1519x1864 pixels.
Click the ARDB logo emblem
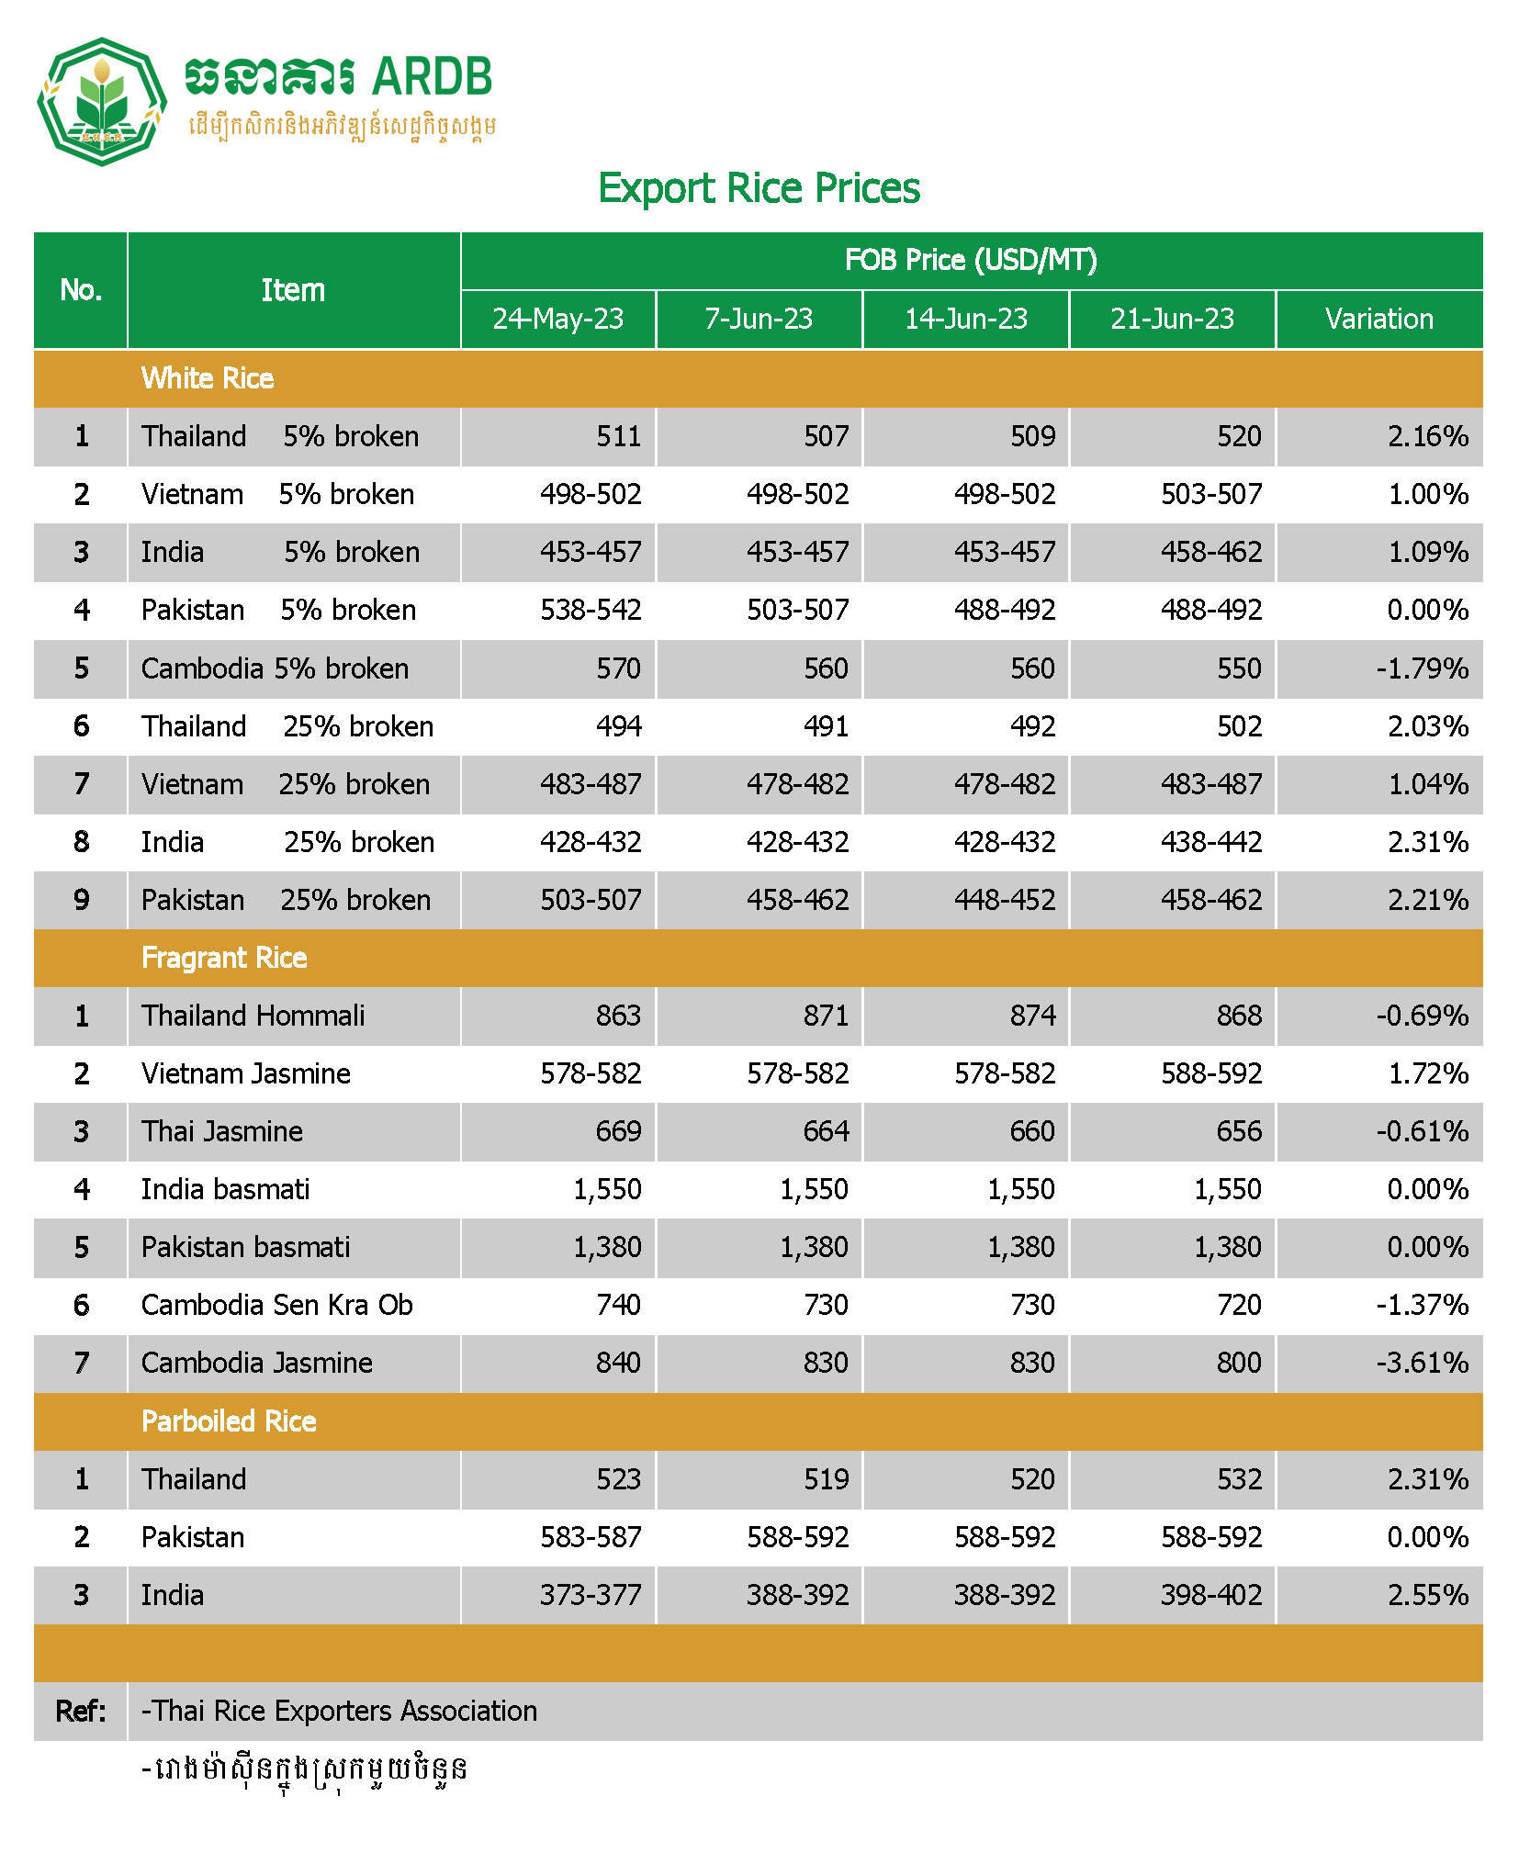pyautogui.click(x=101, y=101)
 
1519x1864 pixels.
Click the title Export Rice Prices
pyautogui.click(x=759, y=188)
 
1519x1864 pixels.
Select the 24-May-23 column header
pyautogui.click(x=557, y=319)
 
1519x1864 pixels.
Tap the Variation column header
pyautogui.click(x=1378, y=319)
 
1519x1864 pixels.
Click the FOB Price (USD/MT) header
pyautogui.click(x=971, y=260)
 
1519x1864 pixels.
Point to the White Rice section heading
pyautogui.click(x=208, y=378)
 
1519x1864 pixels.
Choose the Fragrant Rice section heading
pyautogui.click(x=224, y=958)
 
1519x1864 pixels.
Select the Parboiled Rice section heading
pyautogui.click(x=229, y=1421)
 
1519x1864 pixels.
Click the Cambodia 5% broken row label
pyautogui.click(x=275, y=668)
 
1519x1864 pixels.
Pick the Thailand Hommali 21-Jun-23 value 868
pyautogui.click(x=1238, y=1016)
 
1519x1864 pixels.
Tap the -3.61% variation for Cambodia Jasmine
pyautogui.click(x=1422, y=1363)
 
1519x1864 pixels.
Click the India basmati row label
pyautogui.click(x=225, y=1189)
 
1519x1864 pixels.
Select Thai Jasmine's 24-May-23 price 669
pyautogui.click(x=618, y=1131)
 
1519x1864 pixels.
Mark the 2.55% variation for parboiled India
pyautogui.click(x=1427, y=1595)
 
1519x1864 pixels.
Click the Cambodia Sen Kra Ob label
pyautogui.click(x=276, y=1305)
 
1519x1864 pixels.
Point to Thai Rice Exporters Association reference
pyautogui.click(x=339, y=1711)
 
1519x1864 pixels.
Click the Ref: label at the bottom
pyautogui.click(x=81, y=1711)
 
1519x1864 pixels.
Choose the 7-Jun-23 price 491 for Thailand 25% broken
pyautogui.click(x=826, y=726)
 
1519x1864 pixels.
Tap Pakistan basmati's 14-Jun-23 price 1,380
pyautogui.click(x=1020, y=1247)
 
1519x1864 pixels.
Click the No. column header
pyautogui.click(x=81, y=290)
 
